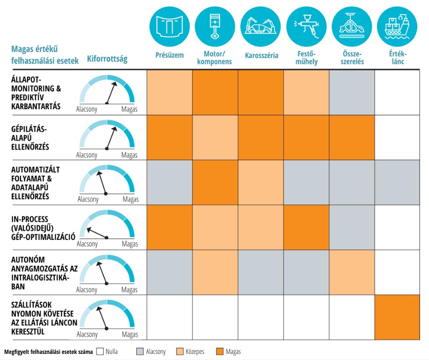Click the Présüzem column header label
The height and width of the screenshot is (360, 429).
point(170,55)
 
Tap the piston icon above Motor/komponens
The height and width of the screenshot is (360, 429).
point(215,27)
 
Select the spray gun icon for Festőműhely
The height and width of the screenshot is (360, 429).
point(306,27)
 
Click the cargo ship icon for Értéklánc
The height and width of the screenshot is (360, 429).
point(397,27)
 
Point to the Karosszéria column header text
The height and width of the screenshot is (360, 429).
point(261,55)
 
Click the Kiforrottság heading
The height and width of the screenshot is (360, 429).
point(107,59)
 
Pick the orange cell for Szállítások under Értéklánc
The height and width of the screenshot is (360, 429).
point(397,317)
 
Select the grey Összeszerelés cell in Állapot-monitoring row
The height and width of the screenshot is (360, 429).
point(352,92)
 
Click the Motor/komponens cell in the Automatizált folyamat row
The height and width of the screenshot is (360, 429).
point(215,182)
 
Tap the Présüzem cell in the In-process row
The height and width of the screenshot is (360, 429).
point(170,227)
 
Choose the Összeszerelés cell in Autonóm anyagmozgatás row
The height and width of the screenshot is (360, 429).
point(352,272)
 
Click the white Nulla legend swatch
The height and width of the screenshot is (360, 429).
point(100,351)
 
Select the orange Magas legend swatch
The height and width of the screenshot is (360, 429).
point(220,351)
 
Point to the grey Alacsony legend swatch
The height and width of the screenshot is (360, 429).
point(140,351)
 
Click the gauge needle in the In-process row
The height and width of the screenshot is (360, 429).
point(97,233)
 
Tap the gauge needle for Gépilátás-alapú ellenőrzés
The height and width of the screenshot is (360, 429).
point(111,138)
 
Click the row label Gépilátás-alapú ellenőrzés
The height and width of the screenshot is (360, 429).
point(30,138)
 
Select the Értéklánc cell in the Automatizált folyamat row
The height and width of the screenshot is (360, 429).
point(397,182)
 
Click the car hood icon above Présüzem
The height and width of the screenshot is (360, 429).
point(170,27)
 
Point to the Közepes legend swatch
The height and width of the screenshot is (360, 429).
point(180,351)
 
